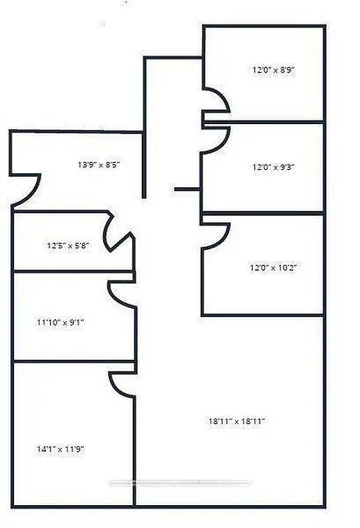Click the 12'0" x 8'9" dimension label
click(274, 70)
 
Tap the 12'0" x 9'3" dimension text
click(274, 167)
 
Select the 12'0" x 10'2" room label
click(273, 268)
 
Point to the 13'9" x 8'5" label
click(99, 165)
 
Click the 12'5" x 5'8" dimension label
click(68, 246)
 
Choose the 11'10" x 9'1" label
click(60, 323)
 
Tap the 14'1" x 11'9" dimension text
click(60, 449)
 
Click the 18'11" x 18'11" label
click(237, 421)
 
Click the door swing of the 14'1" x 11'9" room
click(115, 387)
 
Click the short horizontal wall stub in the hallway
click(187, 189)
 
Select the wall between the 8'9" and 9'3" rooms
click(263, 122)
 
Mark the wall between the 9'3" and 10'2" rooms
click(262, 213)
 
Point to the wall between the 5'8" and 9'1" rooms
click(73, 271)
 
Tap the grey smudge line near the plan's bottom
click(180, 483)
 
